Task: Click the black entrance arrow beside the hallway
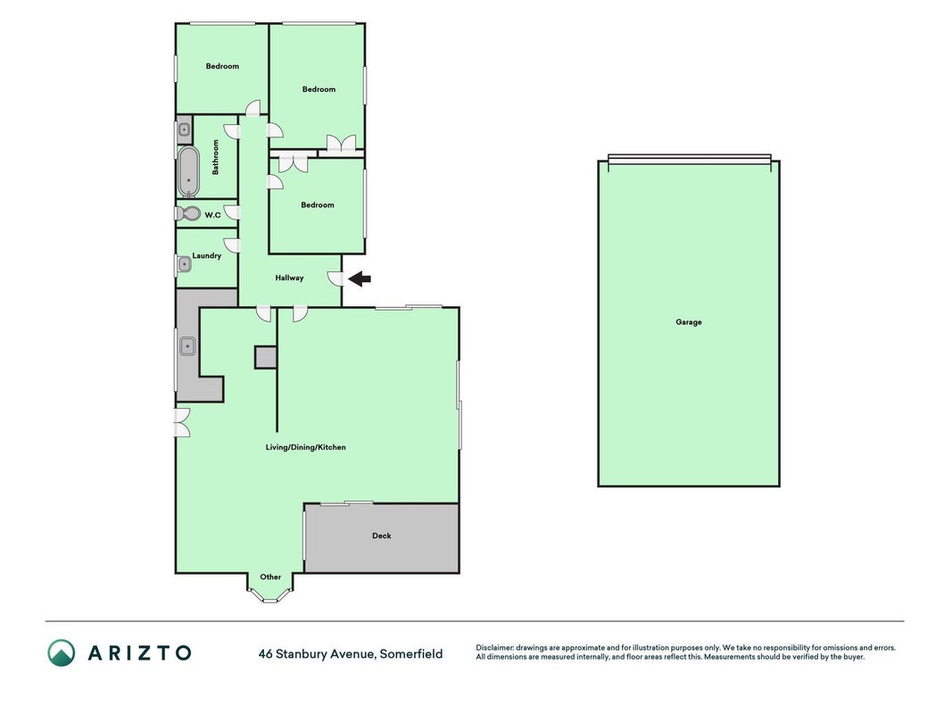click(x=360, y=278)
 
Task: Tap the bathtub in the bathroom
click(x=188, y=171)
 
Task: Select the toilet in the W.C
click(x=188, y=213)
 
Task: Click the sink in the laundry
click(x=184, y=265)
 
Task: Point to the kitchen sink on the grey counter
click(x=187, y=346)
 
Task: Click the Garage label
click(x=689, y=322)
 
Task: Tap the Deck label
click(x=381, y=535)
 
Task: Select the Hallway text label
click(x=289, y=278)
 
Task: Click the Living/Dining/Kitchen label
click(x=305, y=447)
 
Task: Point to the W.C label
click(x=212, y=215)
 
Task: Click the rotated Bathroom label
click(x=215, y=157)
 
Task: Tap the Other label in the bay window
click(x=270, y=577)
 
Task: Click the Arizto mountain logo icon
click(x=62, y=652)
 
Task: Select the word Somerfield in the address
click(x=411, y=654)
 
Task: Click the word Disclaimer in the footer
click(x=495, y=648)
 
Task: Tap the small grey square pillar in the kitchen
click(x=265, y=357)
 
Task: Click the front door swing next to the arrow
click(x=335, y=278)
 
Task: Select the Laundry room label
click(x=206, y=255)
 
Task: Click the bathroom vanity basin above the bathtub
click(x=184, y=129)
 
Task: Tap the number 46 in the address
click(x=265, y=654)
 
